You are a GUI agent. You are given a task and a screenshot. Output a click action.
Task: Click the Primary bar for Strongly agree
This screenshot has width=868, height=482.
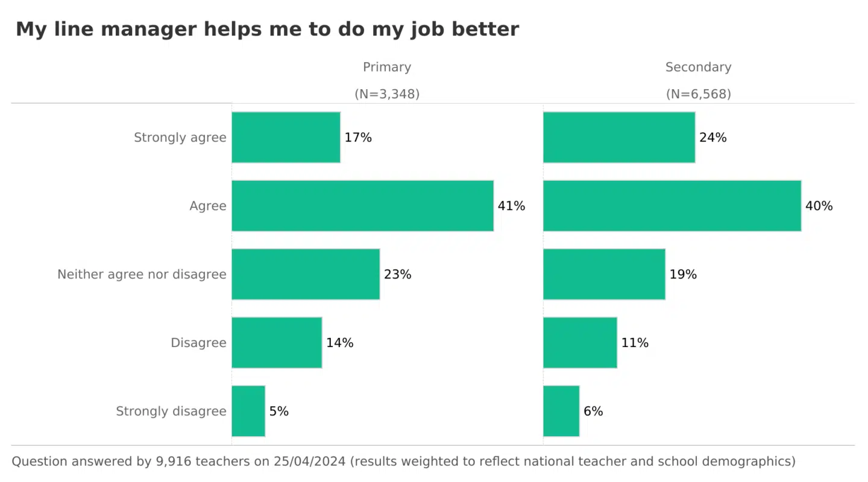pyautogui.click(x=286, y=137)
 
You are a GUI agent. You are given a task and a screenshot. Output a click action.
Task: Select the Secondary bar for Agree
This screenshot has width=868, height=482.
pyautogui.click(x=672, y=205)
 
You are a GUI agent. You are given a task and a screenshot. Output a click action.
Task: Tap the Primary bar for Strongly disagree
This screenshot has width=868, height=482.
pyautogui.click(x=248, y=411)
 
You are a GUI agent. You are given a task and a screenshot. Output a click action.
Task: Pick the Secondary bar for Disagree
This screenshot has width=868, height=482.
pyautogui.click(x=580, y=342)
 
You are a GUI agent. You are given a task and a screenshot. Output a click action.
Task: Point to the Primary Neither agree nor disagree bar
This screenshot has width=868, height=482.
pyautogui.click(x=306, y=274)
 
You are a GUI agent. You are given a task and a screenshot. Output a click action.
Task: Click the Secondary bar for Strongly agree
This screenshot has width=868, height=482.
pyautogui.click(x=619, y=137)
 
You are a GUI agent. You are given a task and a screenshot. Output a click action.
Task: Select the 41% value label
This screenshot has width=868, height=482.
pyautogui.click(x=511, y=206)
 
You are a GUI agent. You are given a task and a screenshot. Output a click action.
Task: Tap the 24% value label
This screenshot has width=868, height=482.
pyautogui.click(x=712, y=137)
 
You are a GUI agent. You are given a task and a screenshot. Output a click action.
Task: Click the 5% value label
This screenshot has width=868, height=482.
pyautogui.click(x=279, y=412)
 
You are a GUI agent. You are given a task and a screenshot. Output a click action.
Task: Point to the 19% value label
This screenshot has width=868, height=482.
pyautogui.click(x=683, y=275)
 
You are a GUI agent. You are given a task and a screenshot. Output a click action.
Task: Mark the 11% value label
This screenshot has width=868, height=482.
pyautogui.click(x=635, y=343)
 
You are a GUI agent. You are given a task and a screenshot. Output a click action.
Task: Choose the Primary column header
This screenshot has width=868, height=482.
pyautogui.click(x=387, y=67)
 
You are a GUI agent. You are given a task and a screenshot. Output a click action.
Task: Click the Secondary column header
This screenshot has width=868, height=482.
pyautogui.click(x=698, y=67)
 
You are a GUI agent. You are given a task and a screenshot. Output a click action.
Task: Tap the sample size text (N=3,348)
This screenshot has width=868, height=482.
pyautogui.click(x=387, y=94)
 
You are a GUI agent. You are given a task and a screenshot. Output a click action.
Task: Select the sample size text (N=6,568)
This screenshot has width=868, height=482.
pyautogui.click(x=698, y=94)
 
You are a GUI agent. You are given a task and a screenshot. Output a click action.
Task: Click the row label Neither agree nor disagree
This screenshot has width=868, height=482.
pyautogui.click(x=142, y=275)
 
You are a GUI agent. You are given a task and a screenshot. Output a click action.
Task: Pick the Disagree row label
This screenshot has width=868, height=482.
pyautogui.click(x=198, y=343)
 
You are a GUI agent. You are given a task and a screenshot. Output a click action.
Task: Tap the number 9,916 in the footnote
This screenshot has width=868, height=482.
pyautogui.click(x=172, y=462)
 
